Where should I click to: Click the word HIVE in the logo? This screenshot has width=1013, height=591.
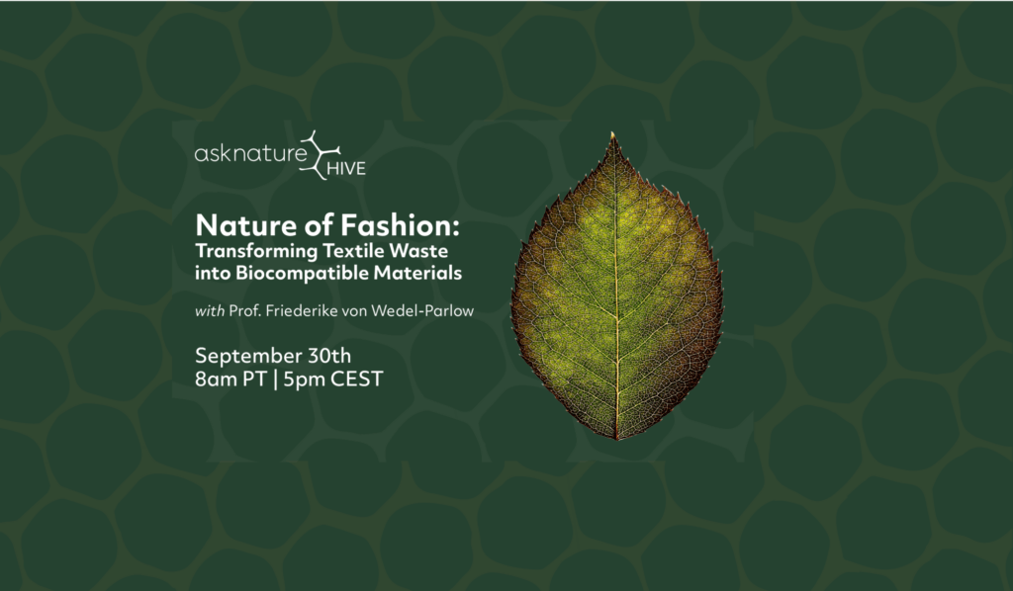tap(346, 169)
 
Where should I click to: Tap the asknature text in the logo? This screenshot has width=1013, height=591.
tap(250, 153)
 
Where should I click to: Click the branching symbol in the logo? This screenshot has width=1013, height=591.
tap(319, 155)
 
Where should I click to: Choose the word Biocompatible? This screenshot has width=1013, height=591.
tap(302, 274)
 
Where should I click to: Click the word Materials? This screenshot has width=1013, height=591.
tap(418, 272)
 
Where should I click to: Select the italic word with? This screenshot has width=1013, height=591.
tap(210, 311)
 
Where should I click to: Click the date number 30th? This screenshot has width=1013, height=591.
tap(329, 356)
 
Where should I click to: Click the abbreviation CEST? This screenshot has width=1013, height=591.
tap(357, 380)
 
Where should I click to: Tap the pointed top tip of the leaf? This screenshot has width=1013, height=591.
tap(612, 132)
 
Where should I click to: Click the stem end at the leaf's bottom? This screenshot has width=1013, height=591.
tap(617, 439)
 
